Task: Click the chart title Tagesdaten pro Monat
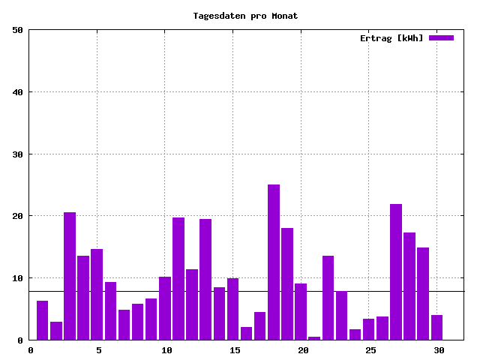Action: click(x=245, y=16)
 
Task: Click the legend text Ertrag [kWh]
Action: click(x=391, y=38)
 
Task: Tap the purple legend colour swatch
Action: click(x=441, y=37)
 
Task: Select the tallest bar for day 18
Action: click(x=274, y=262)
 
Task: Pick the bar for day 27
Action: click(x=396, y=272)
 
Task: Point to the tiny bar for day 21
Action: click(x=314, y=338)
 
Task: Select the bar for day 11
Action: click(x=178, y=279)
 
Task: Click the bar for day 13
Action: click(x=205, y=280)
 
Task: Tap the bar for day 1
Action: click(x=42, y=320)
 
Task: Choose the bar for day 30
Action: click(x=436, y=328)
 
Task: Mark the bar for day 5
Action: click(x=97, y=295)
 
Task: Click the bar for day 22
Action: click(x=328, y=298)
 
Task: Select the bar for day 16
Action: click(x=246, y=334)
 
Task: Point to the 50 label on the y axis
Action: click(x=17, y=30)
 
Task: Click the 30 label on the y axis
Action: click(x=17, y=154)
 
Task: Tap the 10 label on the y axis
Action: click(x=17, y=278)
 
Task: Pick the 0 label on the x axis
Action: click(x=30, y=350)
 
